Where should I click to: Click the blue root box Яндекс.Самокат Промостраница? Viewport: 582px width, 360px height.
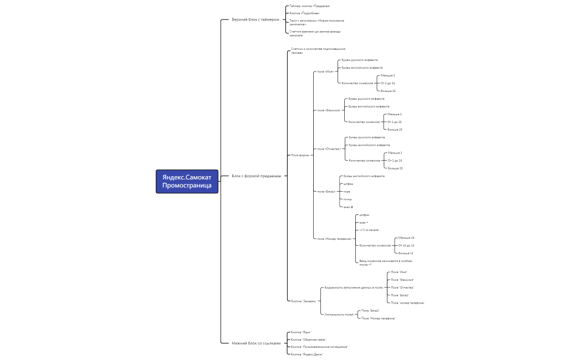187,181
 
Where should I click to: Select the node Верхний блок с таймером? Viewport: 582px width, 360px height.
256,19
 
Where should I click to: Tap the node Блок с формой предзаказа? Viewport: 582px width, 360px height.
256,176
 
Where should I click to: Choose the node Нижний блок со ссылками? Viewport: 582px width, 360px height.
256,343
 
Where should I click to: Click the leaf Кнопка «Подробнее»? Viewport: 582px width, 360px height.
304,13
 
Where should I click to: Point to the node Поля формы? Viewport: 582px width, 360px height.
300,155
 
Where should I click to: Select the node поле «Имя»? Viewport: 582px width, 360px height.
325,71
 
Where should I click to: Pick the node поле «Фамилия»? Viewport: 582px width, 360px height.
329,110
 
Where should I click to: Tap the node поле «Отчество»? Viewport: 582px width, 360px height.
329,149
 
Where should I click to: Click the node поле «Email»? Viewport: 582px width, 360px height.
326,192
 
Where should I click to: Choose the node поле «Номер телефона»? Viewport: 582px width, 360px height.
334,239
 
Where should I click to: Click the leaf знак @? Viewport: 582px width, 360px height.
348,207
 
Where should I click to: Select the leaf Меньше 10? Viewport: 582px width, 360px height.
406,238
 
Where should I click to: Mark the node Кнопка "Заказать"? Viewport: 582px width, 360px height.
304,301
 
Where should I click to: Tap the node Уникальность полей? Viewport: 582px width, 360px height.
339,315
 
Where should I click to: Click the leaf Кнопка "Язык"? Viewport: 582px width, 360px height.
301,332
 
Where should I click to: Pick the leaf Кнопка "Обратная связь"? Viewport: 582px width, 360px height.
309,340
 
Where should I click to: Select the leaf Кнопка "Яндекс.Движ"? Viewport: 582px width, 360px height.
307,354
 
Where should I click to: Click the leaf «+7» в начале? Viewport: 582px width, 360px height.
369,230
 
